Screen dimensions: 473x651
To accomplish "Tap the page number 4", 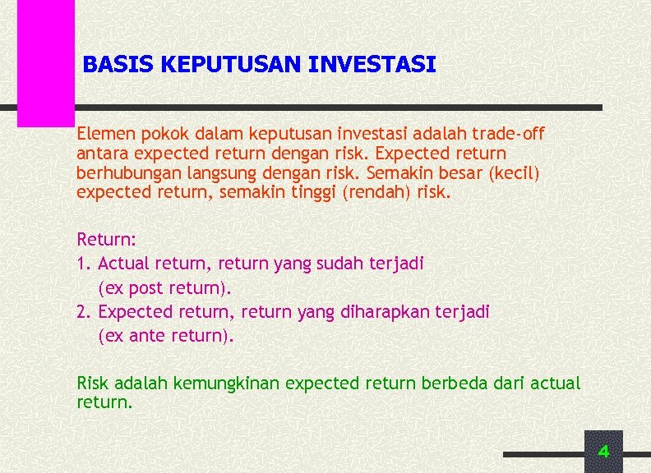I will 603,451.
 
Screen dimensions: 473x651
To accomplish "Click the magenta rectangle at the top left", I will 46,62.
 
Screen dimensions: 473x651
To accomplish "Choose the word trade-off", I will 510,133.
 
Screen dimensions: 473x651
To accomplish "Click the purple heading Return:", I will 106,240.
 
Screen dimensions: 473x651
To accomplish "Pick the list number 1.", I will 81,264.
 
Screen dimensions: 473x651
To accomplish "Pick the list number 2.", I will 82,312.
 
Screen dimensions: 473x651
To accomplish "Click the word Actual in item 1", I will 123,264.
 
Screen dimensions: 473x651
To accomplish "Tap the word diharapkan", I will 380,312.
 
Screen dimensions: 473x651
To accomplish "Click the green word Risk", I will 93,383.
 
